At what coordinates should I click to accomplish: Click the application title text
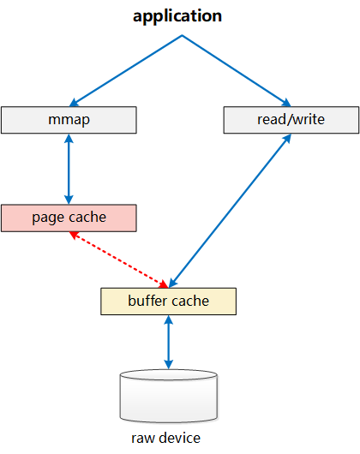[x=177, y=16]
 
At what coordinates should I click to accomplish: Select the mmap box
[x=69, y=120]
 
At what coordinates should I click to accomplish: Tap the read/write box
[x=291, y=120]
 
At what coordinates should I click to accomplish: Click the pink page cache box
[x=69, y=218]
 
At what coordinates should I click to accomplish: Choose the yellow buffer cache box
[x=169, y=302]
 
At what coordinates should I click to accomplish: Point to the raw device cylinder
[x=169, y=396]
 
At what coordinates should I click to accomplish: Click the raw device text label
[x=165, y=438]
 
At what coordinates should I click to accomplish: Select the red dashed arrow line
[x=119, y=260]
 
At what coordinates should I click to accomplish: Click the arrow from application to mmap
[x=126, y=70]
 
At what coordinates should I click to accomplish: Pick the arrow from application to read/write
[x=237, y=70]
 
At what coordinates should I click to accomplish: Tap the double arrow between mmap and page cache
[x=69, y=169]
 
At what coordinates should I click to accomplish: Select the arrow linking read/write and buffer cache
[x=230, y=211]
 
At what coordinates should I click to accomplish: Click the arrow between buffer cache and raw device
[x=169, y=343]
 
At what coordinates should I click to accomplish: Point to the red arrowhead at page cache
[x=74, y=235]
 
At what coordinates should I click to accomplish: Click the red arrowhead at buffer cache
[x=164, y=284]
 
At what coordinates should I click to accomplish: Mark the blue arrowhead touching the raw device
[x=169, y=365]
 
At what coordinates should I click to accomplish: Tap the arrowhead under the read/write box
[x=287, y=138]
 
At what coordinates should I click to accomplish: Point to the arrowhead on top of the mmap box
[x=74, y=103]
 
